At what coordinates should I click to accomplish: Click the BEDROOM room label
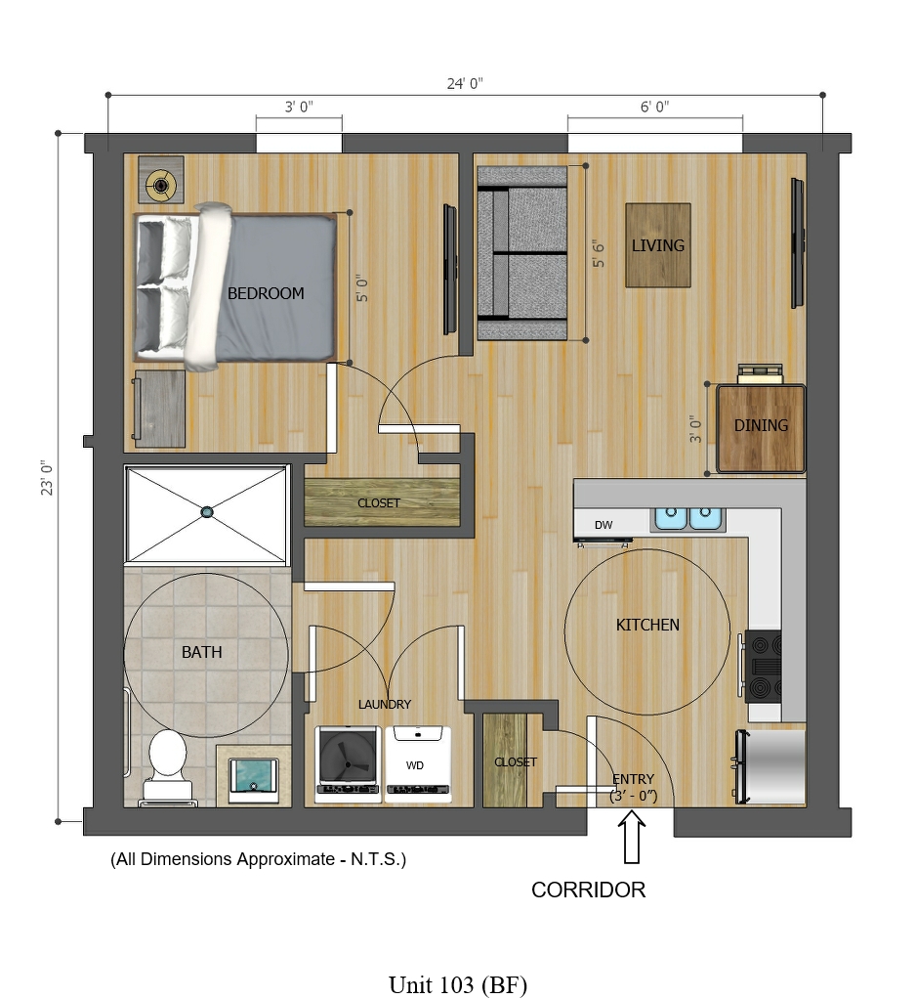click(x=266, y=293)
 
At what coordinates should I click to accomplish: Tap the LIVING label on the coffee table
click(x=657, y=245)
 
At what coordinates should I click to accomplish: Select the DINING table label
click(x=761, y=425)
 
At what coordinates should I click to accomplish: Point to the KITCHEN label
click(x=647, y=625)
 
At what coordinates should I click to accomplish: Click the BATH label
click(x=202, y=652)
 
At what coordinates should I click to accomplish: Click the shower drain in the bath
click(x=207, y=511)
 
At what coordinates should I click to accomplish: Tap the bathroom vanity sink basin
click(x=253, y=777)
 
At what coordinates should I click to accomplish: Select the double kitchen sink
click(x=687, y=518)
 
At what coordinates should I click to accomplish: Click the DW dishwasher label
click(x=604, y=525)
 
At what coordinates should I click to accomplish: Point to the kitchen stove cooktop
click(x=764, y=667)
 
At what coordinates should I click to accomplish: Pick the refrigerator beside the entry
click(x=770, y=765)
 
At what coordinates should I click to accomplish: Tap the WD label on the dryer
click(x=414, y=765)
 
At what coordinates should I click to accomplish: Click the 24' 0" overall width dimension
click(x=465, y=83)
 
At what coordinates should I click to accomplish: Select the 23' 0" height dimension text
click(x=47, y=478)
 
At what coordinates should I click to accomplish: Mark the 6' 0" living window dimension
click(x=654, y=107)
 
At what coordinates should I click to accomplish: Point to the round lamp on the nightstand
click(x=161, y=186)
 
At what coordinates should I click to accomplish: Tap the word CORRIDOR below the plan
click(x=588, y=890)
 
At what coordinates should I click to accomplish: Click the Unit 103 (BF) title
click(x=458, y=985)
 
